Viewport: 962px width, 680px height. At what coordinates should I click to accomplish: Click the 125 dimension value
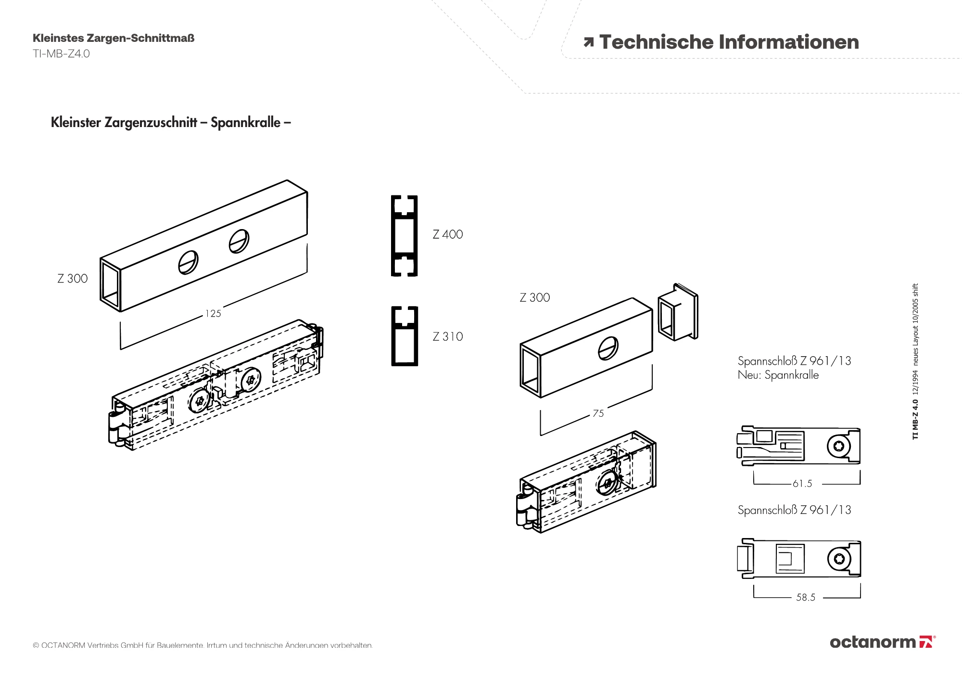pyautogui.click(x=213, y=314)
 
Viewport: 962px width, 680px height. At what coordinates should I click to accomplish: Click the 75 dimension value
pyautogui.click(x=598, y=413)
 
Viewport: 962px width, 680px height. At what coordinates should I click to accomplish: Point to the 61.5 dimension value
pyautogui.click(x=802, y=484)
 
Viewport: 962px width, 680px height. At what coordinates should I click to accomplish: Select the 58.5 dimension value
pyautogui.click(x=806, y=597)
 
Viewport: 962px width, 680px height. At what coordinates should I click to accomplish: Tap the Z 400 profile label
pyautogui.click(x=447, y=234)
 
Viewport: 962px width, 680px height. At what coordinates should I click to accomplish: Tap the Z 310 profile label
pyautogui.click(x=447, y=336)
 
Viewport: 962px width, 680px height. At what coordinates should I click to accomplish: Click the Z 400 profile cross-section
pyautogui.click(x=404, y=236)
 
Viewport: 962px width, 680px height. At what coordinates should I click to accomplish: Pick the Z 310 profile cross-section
pyautogui.click(x=404, y=336)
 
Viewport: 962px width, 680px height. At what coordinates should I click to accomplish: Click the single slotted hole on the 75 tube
pyautogui.click(x=608, y=348)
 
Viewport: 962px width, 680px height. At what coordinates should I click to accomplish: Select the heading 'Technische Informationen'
pyautogui.click(x=729, y=42)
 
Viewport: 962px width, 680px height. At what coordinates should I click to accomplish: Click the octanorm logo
pyautogui.click(x=882, y=642)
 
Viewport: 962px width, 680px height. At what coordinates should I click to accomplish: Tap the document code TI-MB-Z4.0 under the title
pyautogui.click(x=61, y=53)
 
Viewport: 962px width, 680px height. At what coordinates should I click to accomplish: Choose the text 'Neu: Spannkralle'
pyautogui.click(x=778, y=375)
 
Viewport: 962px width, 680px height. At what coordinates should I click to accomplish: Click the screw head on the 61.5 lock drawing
pyautogui.click(x=839, y=446)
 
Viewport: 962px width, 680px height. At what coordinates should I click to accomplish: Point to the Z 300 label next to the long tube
pyautogui.click(x=73, y=279)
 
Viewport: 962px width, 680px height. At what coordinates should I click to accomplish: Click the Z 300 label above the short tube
pyautogui.click(x=534, y=297)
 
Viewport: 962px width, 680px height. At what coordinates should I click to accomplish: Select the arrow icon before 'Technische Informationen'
pyautogui.click(x=588, y=42)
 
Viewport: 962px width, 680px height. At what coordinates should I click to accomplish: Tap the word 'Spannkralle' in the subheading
pyautogui.click(x=245, y=122)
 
